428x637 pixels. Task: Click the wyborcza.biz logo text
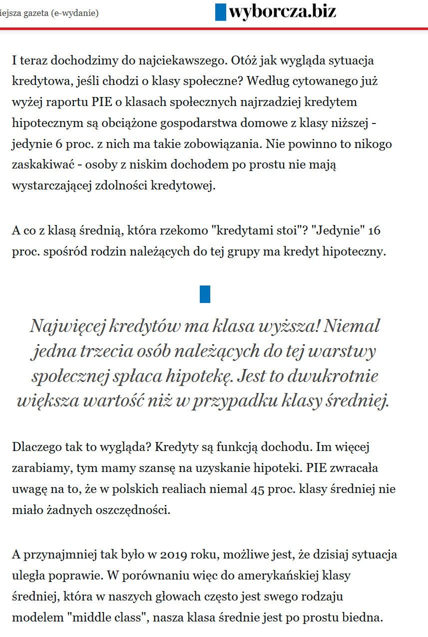point(282,11)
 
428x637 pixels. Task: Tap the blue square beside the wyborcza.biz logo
point(221,11)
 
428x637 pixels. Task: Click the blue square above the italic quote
point(205,294)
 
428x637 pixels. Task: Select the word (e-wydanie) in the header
point(75,12)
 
